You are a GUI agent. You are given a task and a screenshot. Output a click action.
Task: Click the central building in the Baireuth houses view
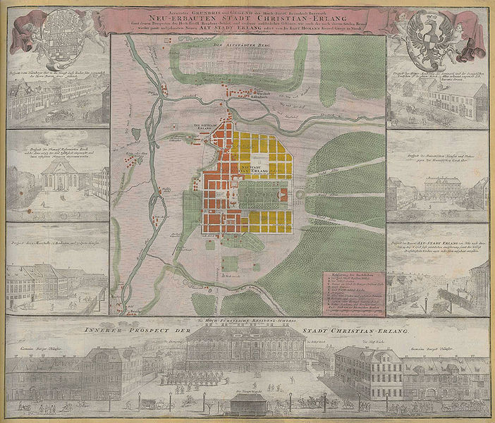[x=437, y=190]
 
